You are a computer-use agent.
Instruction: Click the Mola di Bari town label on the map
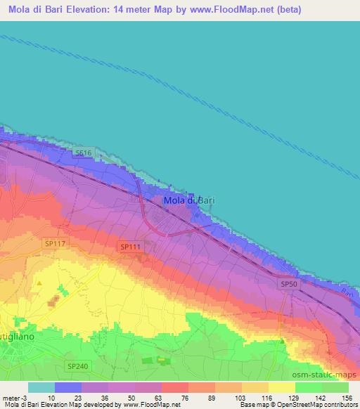[188, 201]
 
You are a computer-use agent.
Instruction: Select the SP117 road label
[54, 243]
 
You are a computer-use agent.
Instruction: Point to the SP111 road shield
[129, 247]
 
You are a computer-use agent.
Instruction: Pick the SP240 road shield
[78, 366]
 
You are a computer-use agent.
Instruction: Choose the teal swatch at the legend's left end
[41, 387]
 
